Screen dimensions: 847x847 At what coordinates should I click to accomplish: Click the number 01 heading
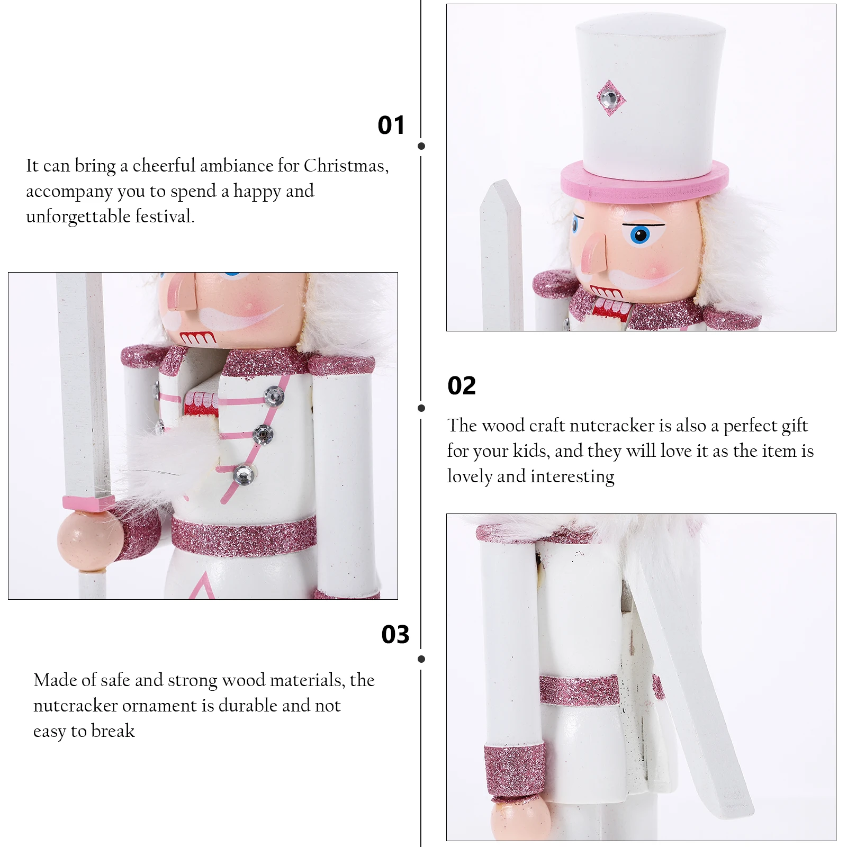click(x=391, y=125)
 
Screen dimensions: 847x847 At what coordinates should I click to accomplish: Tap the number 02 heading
click(x=462, y=385)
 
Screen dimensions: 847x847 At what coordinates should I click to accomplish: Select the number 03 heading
click(x=395, y=634)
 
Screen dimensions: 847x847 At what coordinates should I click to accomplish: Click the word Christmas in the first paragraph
click(x=346, y=166)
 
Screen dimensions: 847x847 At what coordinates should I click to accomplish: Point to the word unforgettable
click(x=78, y=217)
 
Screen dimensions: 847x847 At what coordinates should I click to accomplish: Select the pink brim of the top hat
click(x=644, y=181)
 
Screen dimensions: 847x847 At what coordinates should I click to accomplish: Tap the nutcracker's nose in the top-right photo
click(x=594, y=255)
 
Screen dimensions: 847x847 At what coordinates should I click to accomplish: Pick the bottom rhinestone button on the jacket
click(x=244, y=474)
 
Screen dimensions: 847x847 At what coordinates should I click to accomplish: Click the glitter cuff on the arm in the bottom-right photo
click(x=514, y=769)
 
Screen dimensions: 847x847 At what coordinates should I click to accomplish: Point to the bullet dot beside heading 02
click(x=421, y=408)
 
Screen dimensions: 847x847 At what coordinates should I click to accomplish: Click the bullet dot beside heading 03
click(x=421, y=659)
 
